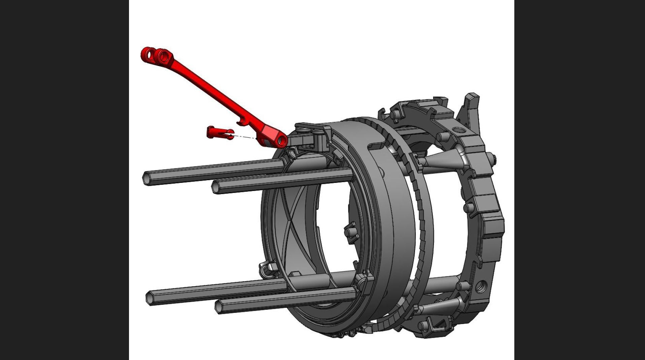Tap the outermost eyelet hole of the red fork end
pyautogui.click(x=148, y=54)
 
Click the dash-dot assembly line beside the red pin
pyautogui.click(x=244, y=136)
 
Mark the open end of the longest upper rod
pyautogui.click(x=147, y=178)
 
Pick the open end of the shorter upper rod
pyautogui.click(x=216, y=187)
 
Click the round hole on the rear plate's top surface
pyautogui.click(x=458, y=130)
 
